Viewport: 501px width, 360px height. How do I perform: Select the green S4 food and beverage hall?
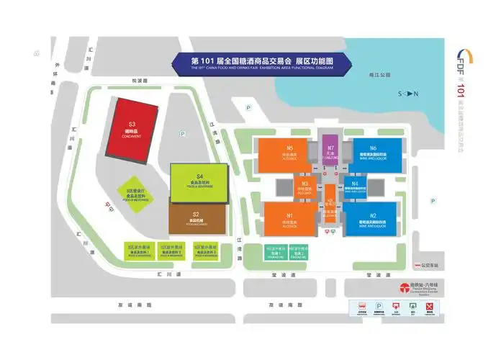point(199,183)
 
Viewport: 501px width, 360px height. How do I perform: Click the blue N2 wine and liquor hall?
point(372,219)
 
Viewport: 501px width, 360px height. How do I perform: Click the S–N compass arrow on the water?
point(409,94)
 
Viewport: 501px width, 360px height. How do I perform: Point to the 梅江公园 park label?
point(377,75)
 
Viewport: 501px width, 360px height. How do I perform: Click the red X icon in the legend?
point(430,306)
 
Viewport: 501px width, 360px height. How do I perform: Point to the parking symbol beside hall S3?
point(183,133)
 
